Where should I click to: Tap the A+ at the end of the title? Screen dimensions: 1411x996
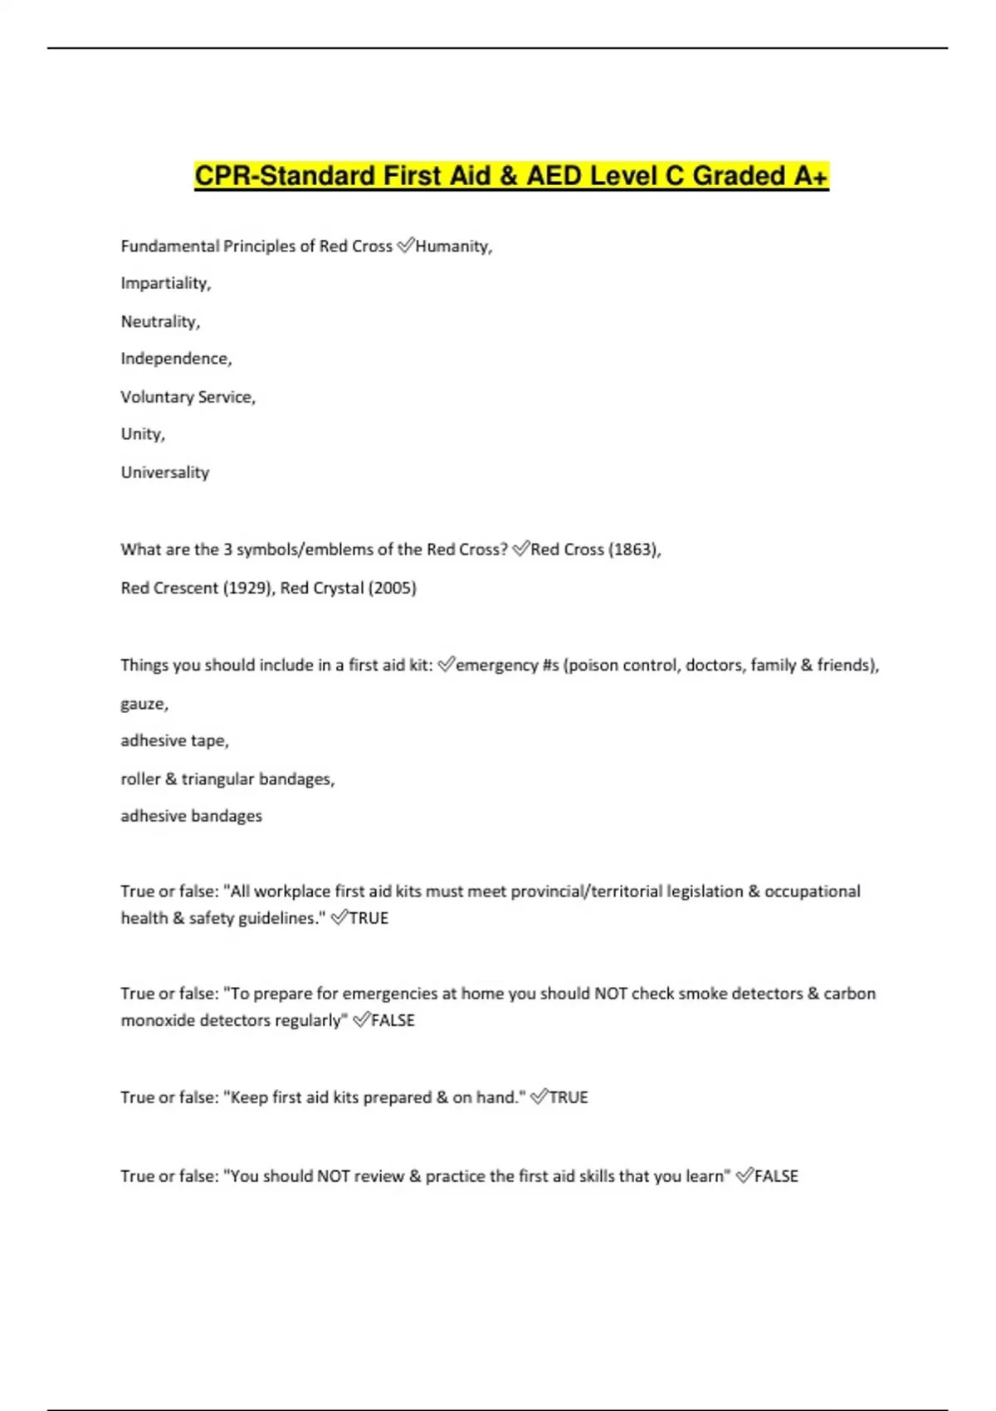[811, 176]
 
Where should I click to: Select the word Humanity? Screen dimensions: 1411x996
[453, 247]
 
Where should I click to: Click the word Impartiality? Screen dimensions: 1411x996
[165, 284]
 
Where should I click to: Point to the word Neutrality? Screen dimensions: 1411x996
[160, 322]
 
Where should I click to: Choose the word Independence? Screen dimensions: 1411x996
[176, 359]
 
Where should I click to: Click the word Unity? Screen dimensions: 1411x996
[142, 434]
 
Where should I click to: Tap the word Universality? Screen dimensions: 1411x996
[164, 472]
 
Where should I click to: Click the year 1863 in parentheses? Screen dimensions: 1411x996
[634, 549]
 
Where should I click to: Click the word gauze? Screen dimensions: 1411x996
[144, 704]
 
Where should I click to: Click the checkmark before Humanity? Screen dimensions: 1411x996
[405, 246]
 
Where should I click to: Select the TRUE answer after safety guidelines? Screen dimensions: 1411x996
[369, 918]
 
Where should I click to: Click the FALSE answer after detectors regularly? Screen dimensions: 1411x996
[393, 1020]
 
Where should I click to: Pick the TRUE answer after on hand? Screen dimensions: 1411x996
[569, 1097]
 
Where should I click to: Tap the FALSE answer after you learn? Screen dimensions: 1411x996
[776, 1176]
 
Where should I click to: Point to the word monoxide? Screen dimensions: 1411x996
[156, 1020]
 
